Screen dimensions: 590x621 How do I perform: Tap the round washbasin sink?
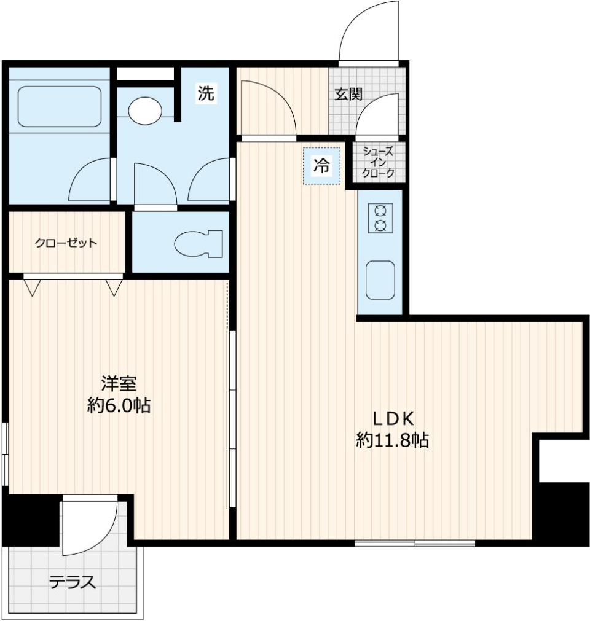point(146,109)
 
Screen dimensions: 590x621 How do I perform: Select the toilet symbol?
point(199,243)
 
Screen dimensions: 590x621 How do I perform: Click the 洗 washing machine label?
point(206,93)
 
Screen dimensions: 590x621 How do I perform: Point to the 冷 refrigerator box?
point(321,166)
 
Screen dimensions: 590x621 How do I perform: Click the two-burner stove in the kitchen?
point(380,217)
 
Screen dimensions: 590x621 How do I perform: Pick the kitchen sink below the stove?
point(380,280)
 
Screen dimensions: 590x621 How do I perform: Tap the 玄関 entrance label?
point(348,94)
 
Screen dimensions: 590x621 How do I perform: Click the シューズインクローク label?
point(379,162)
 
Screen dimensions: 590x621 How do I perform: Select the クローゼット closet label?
point(66,243)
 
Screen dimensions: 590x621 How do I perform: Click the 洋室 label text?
point(119,384)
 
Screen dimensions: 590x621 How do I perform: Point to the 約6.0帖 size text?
point(119,405)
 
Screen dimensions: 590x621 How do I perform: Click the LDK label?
point(393,418)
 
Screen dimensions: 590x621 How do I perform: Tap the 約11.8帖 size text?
point(392,440)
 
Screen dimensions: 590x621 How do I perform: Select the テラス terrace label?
point(73,582)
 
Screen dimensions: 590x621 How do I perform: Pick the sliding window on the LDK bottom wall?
point(415,543)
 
